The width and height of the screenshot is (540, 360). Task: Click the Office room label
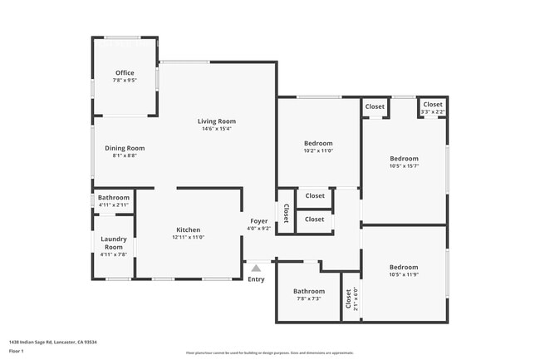[125, 73]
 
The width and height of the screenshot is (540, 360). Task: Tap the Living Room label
[216, 121]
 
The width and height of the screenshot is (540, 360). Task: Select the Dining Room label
[125, 148]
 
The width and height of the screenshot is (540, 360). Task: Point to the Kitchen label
[188, 229]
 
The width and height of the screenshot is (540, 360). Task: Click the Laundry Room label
[113, 243]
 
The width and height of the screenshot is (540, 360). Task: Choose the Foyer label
[258, 221]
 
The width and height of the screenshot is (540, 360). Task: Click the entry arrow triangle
[256, 268]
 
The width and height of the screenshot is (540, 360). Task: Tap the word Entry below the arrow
[256, 279]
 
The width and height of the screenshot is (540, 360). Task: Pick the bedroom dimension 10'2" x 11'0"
[317, 150]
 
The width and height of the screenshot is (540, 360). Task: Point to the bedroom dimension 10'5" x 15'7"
[404, 165]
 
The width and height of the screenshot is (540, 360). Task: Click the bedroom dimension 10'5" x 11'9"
[404, 275]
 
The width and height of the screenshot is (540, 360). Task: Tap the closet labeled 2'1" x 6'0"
[348, 299]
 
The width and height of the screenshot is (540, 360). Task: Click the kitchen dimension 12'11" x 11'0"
[188, 237]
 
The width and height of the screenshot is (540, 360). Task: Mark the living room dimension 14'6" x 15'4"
[216, 129]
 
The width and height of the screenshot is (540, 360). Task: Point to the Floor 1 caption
[16, 351]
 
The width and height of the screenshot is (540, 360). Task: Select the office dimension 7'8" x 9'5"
[125, 81]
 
